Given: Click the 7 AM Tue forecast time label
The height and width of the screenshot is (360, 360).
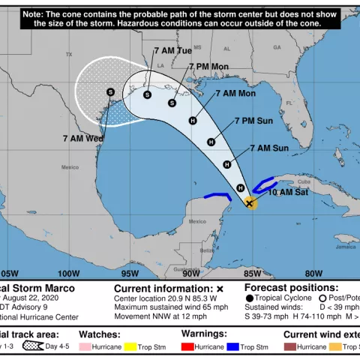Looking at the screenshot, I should (172, 50).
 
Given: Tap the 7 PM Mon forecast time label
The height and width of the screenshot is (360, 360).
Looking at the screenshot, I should (208, 67).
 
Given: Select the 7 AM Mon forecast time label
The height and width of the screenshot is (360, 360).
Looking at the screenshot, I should (235, 94).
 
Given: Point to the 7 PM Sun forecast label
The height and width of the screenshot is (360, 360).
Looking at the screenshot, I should (253, 120).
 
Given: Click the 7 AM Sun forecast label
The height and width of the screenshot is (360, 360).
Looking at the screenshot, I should (269, 148).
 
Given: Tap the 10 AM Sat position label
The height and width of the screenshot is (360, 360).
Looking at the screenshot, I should (289, 192).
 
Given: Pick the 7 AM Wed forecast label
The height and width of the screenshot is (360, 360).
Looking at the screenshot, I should (83, 139).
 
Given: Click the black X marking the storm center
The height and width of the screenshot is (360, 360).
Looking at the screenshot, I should (250, 203).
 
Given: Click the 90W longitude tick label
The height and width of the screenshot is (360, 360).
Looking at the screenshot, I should (190, 273).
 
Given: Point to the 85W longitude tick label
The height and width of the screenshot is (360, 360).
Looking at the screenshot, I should (252, 273).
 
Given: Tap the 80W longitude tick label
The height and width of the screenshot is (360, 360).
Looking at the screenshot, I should (313, 273).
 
